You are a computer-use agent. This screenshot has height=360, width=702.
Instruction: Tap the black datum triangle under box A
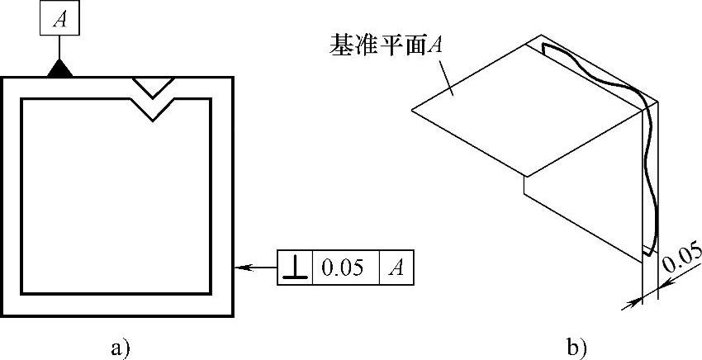click(59, 69)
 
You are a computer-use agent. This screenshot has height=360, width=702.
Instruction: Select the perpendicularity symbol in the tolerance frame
click(295, 269)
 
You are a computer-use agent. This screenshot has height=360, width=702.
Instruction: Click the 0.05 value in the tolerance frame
click(344, 269)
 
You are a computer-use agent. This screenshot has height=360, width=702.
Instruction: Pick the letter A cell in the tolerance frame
click(396, 269)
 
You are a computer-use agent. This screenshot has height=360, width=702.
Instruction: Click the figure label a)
click(121, 347)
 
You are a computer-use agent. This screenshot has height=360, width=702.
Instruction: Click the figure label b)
click(575, 347)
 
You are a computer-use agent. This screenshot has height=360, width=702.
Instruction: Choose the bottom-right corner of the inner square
click(209, 292)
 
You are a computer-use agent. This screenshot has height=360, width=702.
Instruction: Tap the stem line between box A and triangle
click(59, 47)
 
